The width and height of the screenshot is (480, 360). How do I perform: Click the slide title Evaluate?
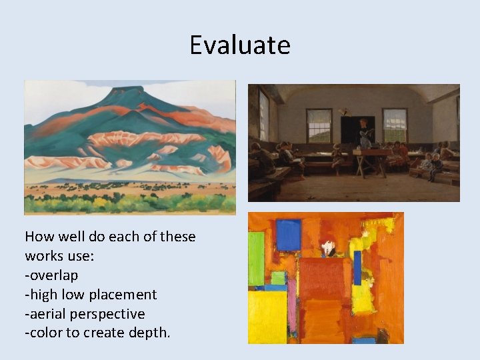click(240, 45)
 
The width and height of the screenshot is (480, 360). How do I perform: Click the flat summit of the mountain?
click(123, 89)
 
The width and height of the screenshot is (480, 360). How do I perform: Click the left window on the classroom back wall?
click(319, 125)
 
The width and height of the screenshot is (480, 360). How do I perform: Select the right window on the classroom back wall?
click(395, 125)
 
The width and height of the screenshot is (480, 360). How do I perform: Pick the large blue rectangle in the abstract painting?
click(289, 235)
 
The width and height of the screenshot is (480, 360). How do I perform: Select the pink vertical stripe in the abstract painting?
click(292, 307)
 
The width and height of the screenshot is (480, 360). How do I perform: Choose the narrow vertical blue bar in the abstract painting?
click(357, 267)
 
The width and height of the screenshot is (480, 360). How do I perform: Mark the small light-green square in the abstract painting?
click(278, 277)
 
